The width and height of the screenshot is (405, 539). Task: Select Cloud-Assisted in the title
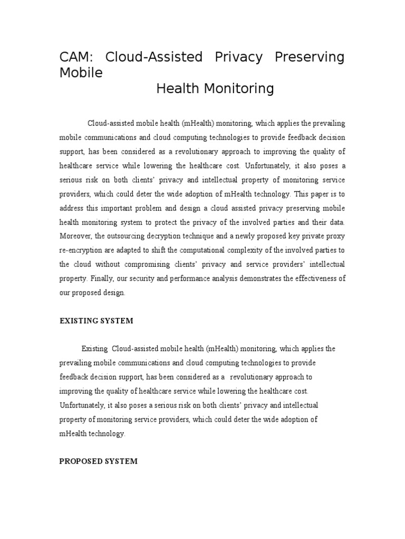pyautogui.click(x=154, y=57)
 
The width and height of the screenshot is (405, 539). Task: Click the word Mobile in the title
pyautogui.click(x=81, y=73)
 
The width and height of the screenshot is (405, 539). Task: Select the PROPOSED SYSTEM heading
pyautogui.click(x=98, y=461)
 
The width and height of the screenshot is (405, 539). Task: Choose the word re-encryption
pyautogui.click(x=81, y=250)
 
